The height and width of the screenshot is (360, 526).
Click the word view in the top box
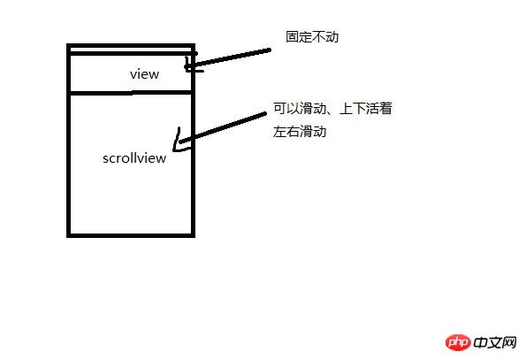tap(145, 74)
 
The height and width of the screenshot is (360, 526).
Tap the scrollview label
tap(134, 158)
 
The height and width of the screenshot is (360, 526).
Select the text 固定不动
tap(312, 36)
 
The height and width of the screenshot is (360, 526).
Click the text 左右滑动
tap(299, 131)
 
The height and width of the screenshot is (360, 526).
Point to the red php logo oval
tap(458, 342)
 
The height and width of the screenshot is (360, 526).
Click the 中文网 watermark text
tap(495, 342)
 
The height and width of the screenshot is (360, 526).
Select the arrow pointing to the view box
tap(228, 58)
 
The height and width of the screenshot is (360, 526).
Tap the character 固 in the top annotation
tap(293, 36)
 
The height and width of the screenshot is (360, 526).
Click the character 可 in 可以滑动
tap(279, 109)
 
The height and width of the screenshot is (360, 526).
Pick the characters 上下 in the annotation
tap(353, 109)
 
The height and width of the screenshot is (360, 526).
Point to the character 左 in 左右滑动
tap(279, 131)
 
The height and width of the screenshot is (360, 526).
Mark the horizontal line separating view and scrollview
tap(131, 92)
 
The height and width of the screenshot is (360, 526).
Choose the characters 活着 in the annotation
tap(379, 109)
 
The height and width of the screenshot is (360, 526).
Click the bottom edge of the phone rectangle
tap(131, 235)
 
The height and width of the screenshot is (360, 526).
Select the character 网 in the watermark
tap(509, 342)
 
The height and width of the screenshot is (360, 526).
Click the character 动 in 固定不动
tap(332, 36)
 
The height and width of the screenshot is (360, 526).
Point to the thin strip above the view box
tap(131, 50)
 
